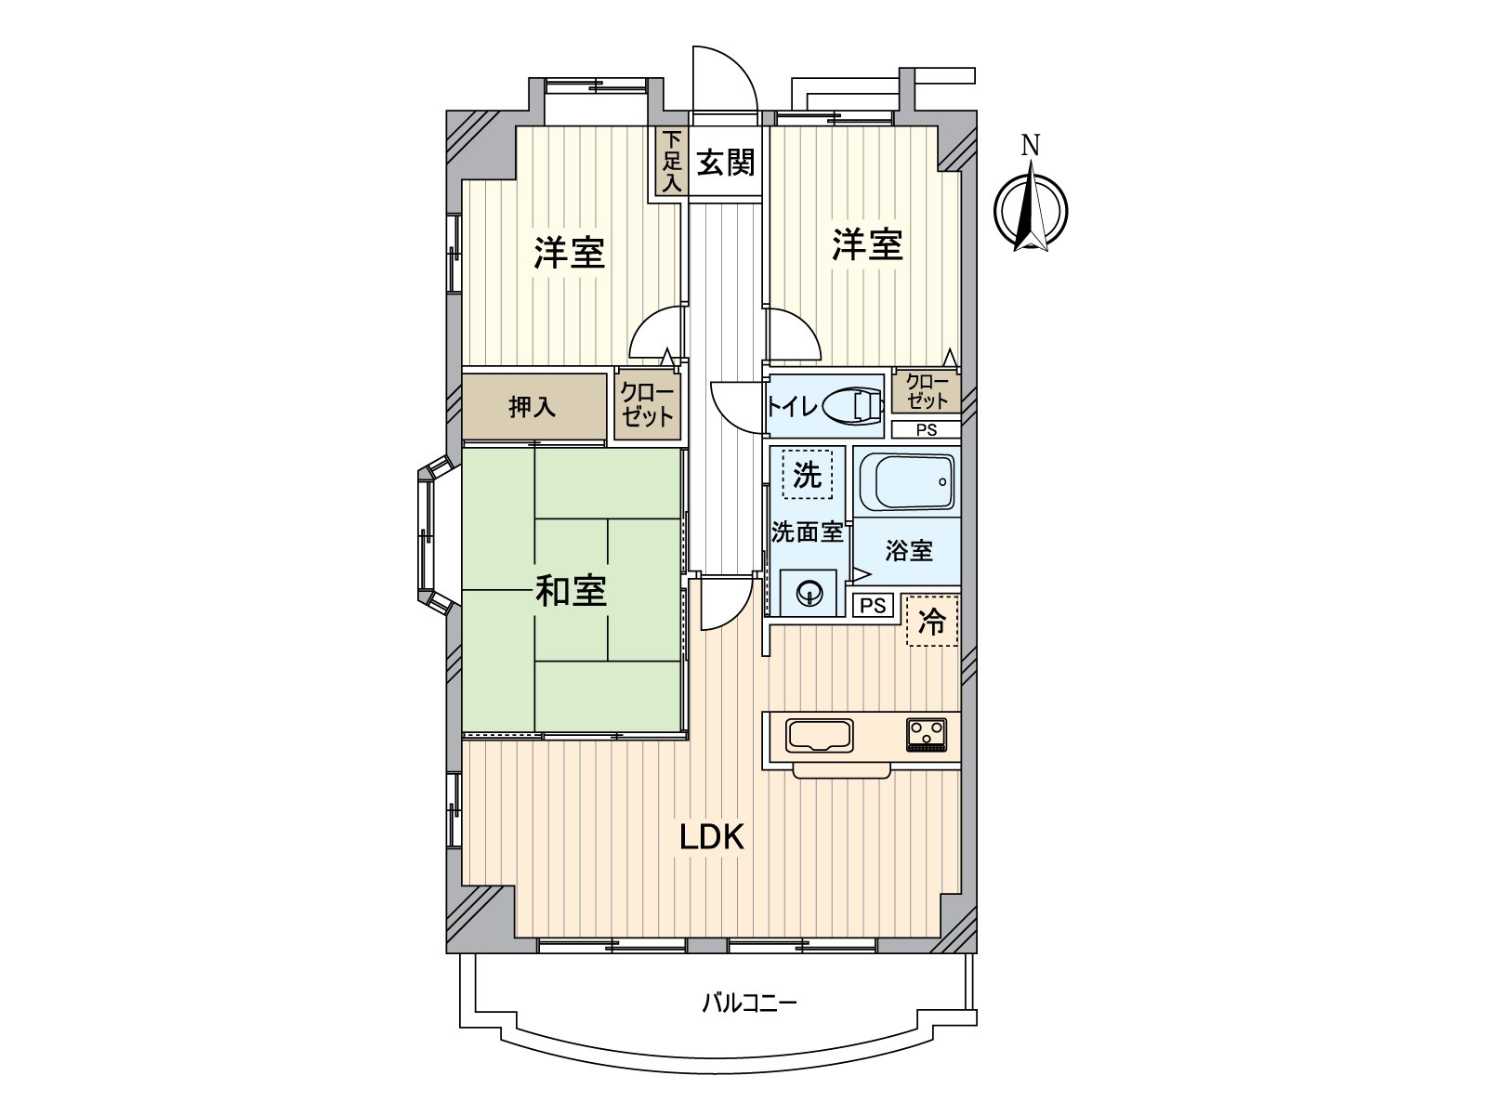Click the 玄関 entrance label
[726, 164]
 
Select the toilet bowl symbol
[853, 406]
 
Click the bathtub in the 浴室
[914, 482]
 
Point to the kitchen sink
[819, 736]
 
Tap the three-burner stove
[926, 735]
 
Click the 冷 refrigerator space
[933, 621]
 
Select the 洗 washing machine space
[808, 473]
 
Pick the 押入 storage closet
[533, 406]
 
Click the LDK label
[711, 837]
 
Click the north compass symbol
[1031, 210]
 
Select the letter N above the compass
[1031, 146]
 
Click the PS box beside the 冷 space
[873, 605]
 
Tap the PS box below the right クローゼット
[926, 430]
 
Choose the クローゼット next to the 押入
[648, 404]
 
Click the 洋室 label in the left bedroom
[569, 253]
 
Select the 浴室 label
[908, 550]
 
